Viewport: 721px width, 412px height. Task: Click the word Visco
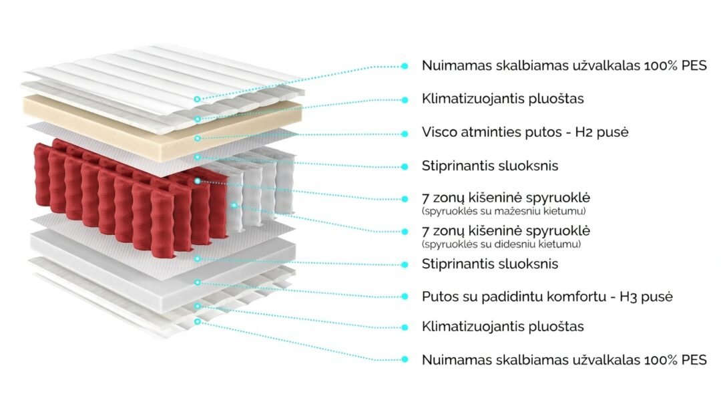[439, 132]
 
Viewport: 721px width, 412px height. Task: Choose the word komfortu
[561, 296]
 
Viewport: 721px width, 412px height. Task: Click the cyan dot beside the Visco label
[405, 133]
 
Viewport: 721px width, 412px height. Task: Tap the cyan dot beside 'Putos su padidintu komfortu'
[405, 296]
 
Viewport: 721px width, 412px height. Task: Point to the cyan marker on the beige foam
[198, 138]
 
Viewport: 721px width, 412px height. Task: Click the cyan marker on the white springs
[234, 205]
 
